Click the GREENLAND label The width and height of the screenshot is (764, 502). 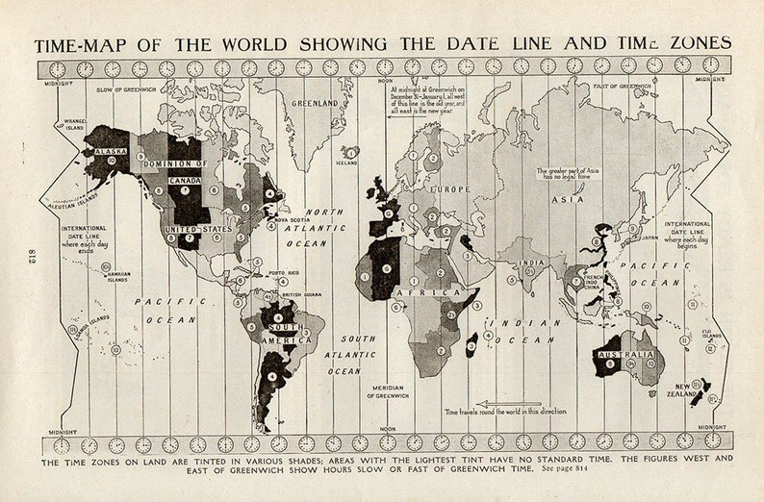point(316,103)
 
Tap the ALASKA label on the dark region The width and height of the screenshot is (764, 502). point(112,150)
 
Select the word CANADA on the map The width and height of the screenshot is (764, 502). point(184,180)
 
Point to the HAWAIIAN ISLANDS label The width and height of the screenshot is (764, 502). point(115,276)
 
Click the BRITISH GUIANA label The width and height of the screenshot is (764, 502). point(300,295)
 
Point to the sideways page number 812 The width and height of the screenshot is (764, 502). point(21,253)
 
